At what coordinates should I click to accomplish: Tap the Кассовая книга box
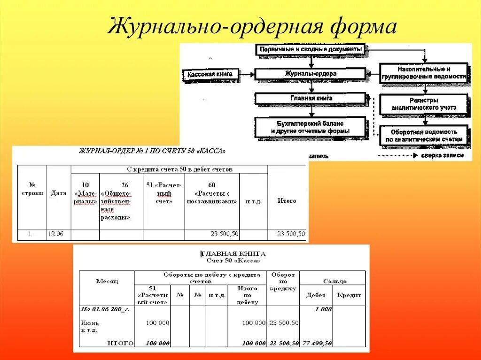(209, 74)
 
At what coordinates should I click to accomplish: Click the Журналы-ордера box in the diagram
(310, 74)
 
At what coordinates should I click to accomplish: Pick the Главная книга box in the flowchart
(310, 99)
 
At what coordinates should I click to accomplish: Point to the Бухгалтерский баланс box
(310, 127)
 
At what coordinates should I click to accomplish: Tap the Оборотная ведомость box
(424, 136)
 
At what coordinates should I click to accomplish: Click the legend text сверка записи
(442, 155)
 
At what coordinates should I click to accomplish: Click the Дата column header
(59, 193)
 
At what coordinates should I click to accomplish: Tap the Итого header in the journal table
(287, 201)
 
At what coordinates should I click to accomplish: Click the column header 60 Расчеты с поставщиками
(212, 193)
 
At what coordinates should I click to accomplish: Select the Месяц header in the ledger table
(107, 281)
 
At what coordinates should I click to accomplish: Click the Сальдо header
(334, 281)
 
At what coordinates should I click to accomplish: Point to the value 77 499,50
(317, 343)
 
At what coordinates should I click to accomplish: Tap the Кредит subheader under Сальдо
(349, 295)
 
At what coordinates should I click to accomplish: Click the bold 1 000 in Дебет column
(323, 309)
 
